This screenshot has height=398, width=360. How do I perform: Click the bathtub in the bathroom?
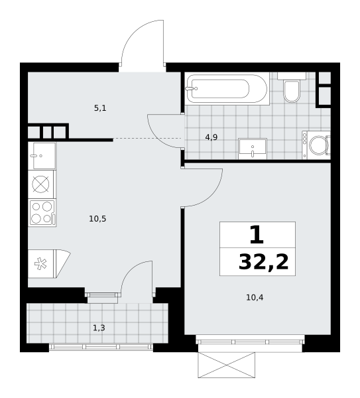[227, 89]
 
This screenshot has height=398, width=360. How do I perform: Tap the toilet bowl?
[292, 91]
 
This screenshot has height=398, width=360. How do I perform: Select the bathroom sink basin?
[253, 149]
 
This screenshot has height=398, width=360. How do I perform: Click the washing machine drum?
[319, 145]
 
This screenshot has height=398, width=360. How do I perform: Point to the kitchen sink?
[42, 156]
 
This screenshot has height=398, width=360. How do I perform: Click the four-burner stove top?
[42, 212]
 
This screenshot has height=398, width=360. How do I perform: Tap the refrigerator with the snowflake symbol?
[49, 264]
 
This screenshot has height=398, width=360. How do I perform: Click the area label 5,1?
[100, 108]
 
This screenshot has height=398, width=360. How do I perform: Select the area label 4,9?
[211, 137]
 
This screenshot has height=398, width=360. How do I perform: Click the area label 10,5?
[97, 218]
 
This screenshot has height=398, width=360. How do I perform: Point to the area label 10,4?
[255, 297]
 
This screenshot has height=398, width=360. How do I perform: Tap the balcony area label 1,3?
[99, 328]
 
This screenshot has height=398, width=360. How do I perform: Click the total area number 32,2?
[264, 262]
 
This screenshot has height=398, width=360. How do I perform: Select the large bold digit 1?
[257, 235]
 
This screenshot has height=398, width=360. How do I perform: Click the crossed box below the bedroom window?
[227, 365]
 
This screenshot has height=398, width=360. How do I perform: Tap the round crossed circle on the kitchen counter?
[40, 184]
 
